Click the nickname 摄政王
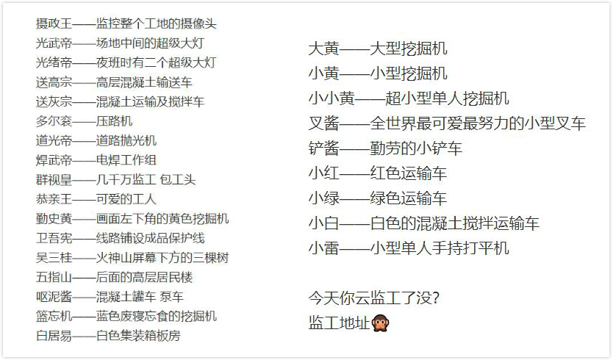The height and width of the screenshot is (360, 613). (54, 24)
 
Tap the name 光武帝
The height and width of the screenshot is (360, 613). (54, 43)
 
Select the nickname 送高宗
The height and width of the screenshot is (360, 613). (54, 82)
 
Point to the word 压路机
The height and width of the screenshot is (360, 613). (114, 121)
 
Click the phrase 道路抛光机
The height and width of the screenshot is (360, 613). (126, 141)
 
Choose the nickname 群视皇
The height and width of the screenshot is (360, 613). (54, 180)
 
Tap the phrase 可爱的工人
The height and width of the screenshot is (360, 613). (126, 199)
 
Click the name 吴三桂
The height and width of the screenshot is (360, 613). (54, 258)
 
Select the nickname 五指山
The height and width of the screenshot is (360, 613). (54, 278)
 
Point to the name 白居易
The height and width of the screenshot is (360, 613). (54, 336)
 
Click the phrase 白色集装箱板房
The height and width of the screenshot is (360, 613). (138, 336)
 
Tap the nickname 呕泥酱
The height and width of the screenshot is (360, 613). (54, 297)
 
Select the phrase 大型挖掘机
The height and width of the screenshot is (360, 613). (409, 49)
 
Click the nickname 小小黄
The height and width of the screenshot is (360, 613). (331, 98)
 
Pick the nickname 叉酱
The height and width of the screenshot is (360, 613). (323, 123)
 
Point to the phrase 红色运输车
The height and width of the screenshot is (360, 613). (409, 173)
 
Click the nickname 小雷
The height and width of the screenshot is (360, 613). (323, 248)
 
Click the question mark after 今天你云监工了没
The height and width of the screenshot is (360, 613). (436, 298)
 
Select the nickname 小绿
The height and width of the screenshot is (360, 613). (323, 198)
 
